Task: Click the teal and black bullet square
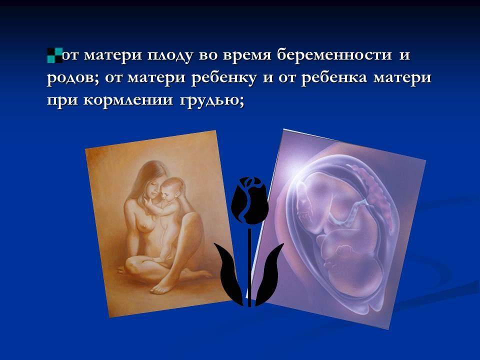click(55, 55)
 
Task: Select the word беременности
click(334, 55)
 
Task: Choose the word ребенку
click(224, 78)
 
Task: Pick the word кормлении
click(128, 100)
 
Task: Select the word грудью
click(212, 100)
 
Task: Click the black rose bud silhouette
click(250, 200)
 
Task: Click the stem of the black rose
click(249, 267)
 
